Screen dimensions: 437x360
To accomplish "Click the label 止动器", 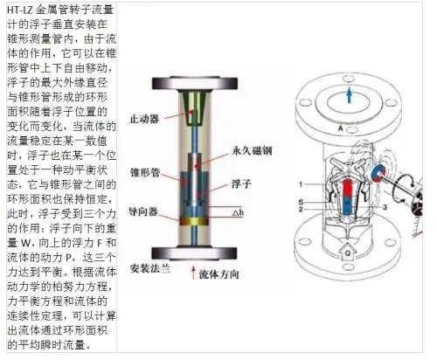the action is coord(144,119).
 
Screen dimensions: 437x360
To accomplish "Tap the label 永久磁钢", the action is coord(252,150).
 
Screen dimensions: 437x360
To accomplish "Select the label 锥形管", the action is coord(145,172).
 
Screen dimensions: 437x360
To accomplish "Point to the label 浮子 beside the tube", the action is coord(241,184).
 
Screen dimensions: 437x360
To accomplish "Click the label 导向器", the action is coord(143,211).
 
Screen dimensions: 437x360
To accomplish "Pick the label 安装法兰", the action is coord(149,268).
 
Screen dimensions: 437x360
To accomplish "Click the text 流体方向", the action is coord(219,274).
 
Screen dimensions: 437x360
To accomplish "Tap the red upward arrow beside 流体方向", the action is coord(193,273).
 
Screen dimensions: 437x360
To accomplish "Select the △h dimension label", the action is coord(238,212).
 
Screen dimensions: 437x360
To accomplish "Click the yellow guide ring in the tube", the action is coord(194,221).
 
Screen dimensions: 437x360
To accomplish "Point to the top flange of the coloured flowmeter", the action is coord(195,84).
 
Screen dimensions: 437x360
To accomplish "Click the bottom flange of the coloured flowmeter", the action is coord(194,253).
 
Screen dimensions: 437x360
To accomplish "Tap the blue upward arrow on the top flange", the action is coord(349,95).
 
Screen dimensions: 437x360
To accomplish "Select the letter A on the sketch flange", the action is coord(341,128).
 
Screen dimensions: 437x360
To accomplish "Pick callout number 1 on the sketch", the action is coord(301,184).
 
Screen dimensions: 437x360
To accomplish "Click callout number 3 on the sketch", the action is coord(385,207).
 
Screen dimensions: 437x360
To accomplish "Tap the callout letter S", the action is coord(301,202).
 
